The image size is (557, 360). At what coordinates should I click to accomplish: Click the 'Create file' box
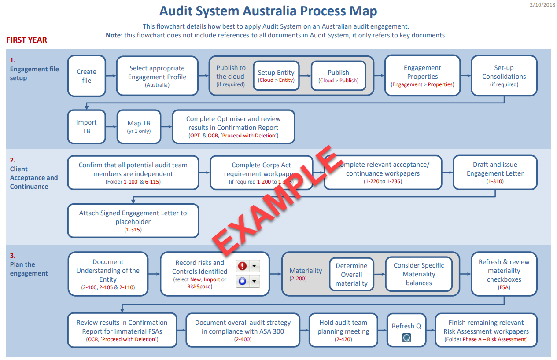click(87, 76)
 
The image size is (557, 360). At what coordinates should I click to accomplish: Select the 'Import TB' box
click(87, 127)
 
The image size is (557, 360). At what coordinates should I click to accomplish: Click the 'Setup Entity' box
click(276, 76)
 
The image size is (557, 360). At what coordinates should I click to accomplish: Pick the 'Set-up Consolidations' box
click(504, 76)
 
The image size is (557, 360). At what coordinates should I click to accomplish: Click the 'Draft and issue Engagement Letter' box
click(495, 173)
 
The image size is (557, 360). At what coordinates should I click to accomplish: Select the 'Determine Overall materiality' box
click(351, 274)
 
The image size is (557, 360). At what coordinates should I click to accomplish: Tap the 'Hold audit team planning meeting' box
click(343, 331)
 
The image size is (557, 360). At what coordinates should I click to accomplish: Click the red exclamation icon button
click(242, 266)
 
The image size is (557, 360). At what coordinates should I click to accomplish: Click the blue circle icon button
click(242, 281)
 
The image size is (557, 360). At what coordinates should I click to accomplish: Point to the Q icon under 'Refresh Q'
click(406, 338)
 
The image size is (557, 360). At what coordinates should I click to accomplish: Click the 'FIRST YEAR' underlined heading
click(26, 40)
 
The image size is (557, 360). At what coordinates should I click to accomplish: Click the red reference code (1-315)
click(133, 230)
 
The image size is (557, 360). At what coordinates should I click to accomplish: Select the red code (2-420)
click(343, 339)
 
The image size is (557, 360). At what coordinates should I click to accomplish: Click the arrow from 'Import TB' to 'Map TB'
click(111, 127)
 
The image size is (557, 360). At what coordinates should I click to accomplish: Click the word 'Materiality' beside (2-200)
click(306, 271)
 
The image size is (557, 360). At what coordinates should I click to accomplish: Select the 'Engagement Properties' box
click(422, 76)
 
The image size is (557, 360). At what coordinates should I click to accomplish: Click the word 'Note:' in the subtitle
click(114, 35)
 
